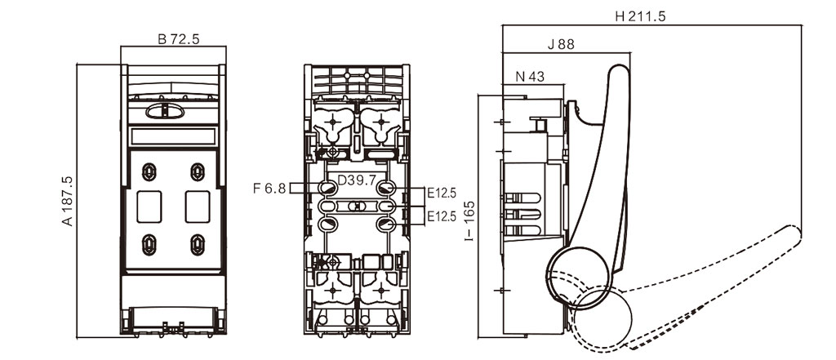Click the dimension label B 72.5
[178, 39]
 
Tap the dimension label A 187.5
[68, 201]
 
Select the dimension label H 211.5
[640, 16]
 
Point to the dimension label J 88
[562, 45]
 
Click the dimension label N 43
[530, 77]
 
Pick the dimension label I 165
[469, 220]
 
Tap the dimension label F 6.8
[269, 189]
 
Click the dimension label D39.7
[357, 181]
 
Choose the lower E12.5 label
[442, 216]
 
